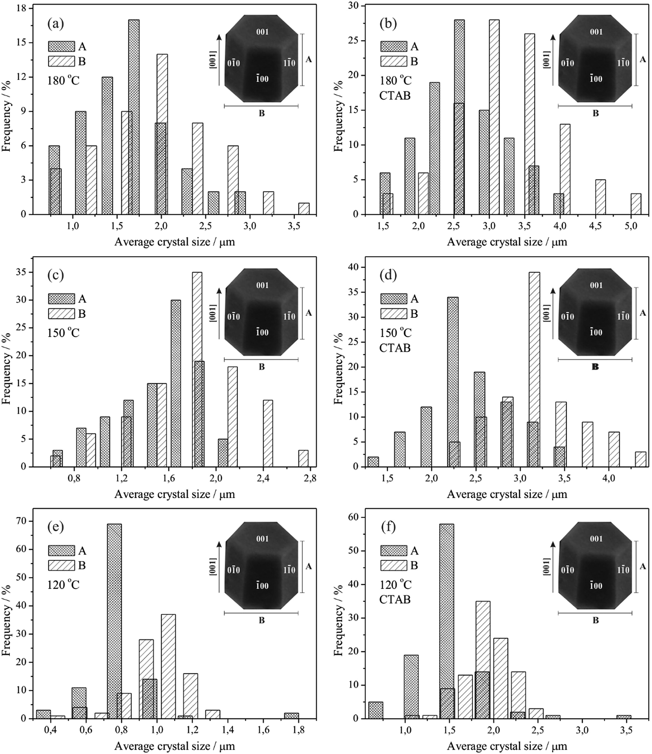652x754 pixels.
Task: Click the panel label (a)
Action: (x=55, y=24)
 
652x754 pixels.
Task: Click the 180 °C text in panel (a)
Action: (x=63, y=80)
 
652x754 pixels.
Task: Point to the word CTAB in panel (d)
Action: (x=395, y=348)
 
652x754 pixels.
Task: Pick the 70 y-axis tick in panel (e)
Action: (x=24, y=521)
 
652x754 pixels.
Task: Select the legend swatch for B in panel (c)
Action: (x=61, y=314)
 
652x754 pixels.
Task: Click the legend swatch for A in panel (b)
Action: (x=393, y=47)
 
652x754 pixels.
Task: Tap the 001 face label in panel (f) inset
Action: (x=596, y=538)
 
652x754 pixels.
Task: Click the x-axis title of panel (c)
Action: (x=175, y=494)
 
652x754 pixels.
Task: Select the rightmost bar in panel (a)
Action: (x=304, y=209)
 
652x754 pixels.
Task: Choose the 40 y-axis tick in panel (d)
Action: (x=356, y=268)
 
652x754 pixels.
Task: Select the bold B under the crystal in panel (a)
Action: (x=261, y=114)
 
